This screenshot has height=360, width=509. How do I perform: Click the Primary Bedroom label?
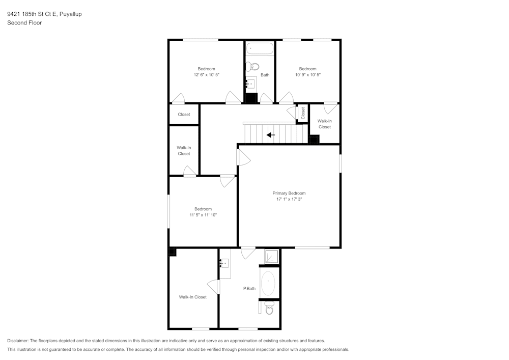click(289, 193)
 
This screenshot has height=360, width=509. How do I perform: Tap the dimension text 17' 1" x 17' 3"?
click(289, 199)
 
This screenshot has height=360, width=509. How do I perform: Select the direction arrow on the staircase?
click(271, 135)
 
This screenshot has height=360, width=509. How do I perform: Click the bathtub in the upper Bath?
click(260, 49)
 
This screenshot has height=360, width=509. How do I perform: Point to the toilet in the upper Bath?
click(253, 66)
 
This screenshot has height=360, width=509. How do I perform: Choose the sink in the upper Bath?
click(250, 83)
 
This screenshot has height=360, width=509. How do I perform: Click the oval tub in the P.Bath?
click(268, 284)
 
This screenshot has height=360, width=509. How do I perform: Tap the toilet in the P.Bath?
click(269, 308)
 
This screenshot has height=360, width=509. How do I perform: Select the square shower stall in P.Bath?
click(272, 256)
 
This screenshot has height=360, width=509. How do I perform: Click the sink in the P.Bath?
click(224, 263)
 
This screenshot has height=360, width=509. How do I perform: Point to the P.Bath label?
click(249, 289)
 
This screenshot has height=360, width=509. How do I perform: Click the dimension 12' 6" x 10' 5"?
click(206, 75)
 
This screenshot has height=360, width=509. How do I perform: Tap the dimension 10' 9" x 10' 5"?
click(307, 75)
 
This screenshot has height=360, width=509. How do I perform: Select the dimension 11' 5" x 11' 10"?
click(203, 215)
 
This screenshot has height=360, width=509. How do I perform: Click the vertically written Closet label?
click(303, 113)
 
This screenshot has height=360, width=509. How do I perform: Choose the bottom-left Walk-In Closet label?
click(192, 297)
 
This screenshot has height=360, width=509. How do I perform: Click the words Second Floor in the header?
click(24, 23)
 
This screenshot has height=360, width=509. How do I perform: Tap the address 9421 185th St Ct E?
click(36, 14)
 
